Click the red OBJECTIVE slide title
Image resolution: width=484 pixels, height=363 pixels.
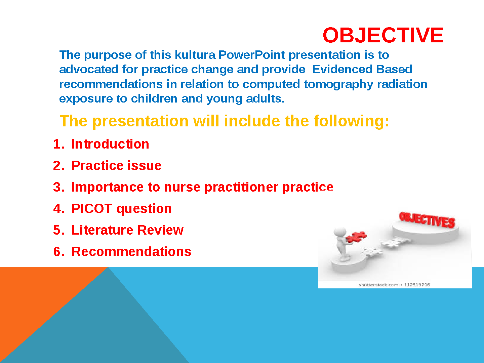pos(383,35)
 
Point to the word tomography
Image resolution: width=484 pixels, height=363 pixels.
pos(338,84)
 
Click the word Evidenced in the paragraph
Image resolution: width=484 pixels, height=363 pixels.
pos(342,69)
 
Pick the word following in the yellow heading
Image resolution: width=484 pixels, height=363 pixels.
pos(352,121)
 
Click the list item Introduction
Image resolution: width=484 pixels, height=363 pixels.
pos(110,144)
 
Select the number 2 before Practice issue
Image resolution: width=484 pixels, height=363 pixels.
pos(57,165)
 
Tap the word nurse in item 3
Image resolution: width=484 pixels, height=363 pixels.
pos(182,187)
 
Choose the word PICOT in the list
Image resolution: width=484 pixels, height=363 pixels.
pos(92,208)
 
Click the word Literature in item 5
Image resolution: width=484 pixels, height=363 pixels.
pos(102,230)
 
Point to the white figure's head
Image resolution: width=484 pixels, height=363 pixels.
pos(340,232)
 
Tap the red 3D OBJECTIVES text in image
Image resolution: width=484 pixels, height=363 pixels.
pos(427,219)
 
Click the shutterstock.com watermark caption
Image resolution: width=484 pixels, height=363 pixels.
pos(394,285)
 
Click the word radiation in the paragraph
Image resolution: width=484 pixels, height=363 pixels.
pos(402,84)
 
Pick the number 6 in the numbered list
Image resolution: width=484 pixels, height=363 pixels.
pos(57,252)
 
